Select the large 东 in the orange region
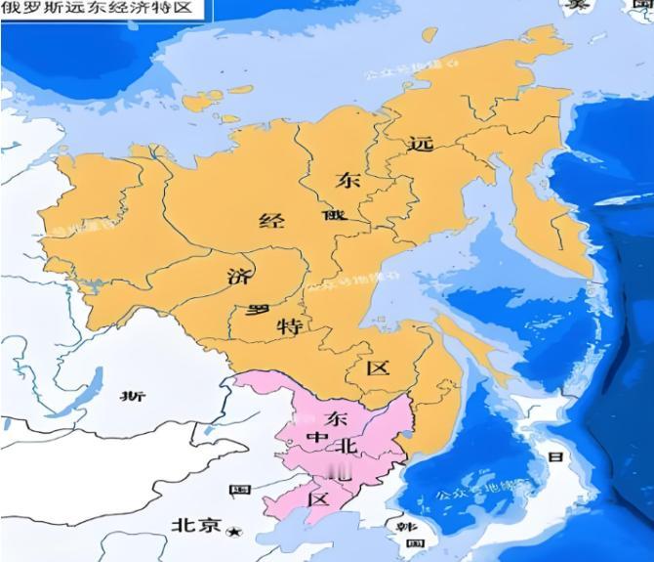[347, 181]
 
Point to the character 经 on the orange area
[270, 220]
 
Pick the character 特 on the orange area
[289, 326]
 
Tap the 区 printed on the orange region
[377, 368]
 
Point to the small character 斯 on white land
[132, 395]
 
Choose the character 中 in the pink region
[314, 437]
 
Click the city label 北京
[196, 525]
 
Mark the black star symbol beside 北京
[232, 530]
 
